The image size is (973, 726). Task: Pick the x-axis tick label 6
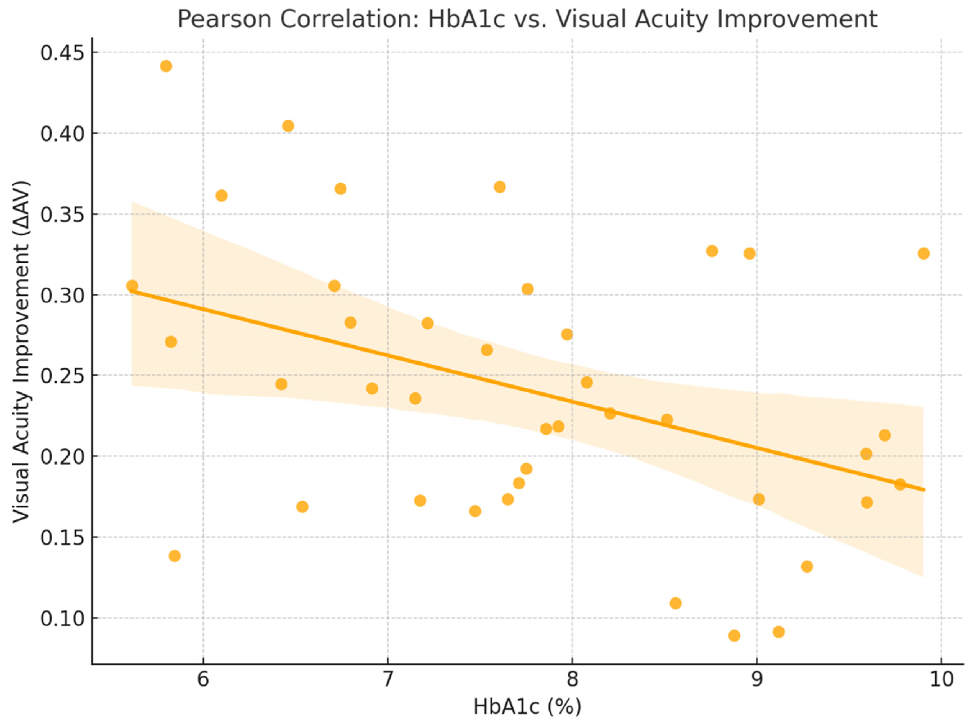point(203,679)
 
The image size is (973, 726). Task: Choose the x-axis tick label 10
point(940,679)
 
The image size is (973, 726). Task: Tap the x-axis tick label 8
point(572,679)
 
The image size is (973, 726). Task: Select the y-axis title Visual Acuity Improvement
point(21,352)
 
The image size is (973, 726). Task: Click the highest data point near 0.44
point(166,66)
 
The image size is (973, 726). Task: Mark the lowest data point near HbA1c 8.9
point(734,635)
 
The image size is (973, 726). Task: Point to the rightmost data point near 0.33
point(923,254)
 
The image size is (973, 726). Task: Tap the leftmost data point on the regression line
point(132,286)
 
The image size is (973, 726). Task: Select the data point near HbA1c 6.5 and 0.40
point(288,126)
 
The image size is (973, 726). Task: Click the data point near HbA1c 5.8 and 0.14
point(174,556)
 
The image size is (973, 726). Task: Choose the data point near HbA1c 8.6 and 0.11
point(676,603)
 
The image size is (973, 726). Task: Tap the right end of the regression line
point(924,490)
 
